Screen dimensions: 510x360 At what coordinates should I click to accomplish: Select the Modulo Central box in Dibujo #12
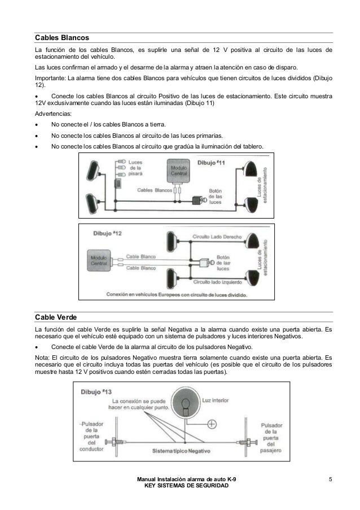tap(99, 260)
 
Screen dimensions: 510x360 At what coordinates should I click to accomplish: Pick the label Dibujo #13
tap(98, 391)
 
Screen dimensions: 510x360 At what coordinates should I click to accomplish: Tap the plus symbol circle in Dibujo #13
tap(212, 424)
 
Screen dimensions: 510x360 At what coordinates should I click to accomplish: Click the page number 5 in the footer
tap(332, 480)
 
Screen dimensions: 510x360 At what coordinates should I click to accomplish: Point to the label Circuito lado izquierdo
tap(217, 281)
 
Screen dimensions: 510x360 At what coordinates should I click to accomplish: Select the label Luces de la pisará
tap(135, 168)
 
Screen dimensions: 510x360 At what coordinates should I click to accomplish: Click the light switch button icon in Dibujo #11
tap(198, 199)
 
